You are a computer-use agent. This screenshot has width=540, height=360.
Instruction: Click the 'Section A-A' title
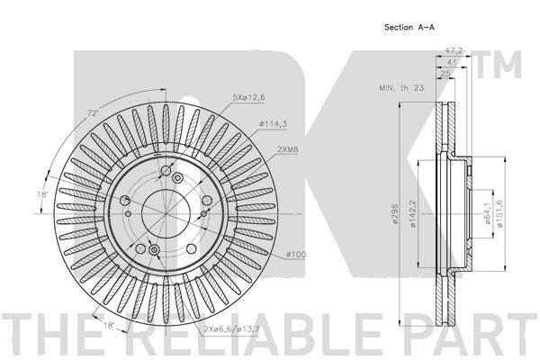[x=409, y=27]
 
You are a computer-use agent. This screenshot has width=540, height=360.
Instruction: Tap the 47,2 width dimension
[x=454, y=50]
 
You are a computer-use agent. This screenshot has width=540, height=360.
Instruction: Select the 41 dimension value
[x=451, y=62]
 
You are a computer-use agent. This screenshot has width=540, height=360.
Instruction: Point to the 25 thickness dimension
[x=445, y=74]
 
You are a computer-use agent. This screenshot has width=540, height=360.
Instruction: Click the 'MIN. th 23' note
[x=401, y=88]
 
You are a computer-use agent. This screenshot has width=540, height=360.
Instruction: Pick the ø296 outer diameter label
[x=395, y=213]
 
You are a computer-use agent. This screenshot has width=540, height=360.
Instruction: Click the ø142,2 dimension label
[x=413, y=213]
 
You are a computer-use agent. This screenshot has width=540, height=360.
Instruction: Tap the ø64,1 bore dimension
[x=488, y=213]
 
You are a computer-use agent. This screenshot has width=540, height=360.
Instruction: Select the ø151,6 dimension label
[x=499, y=213]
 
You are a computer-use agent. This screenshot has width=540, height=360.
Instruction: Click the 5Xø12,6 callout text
[x=248, y=97]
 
